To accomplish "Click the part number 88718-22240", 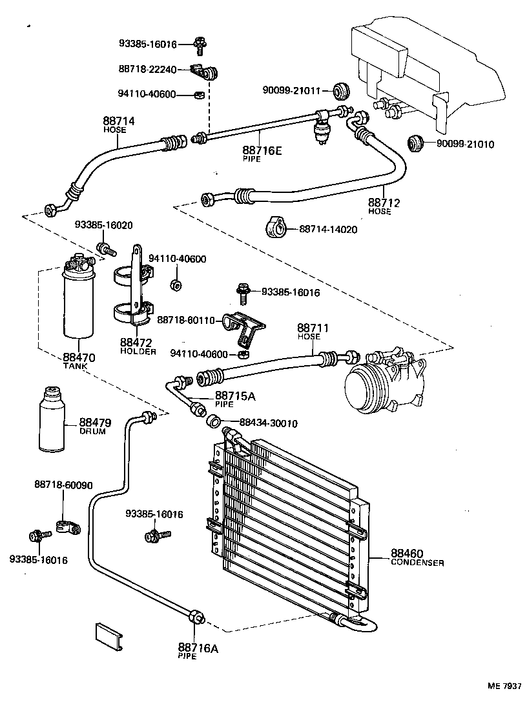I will coord(147,69).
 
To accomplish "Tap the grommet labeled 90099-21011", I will coord(340,90).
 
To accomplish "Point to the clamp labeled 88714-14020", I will coord(274,228).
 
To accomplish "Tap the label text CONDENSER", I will coord(417,563).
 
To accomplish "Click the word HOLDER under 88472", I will coord(138,352).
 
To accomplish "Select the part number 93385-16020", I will coord(103,225).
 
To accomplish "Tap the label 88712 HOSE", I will coord(384,206).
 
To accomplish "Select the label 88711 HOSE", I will coord(313,332).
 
